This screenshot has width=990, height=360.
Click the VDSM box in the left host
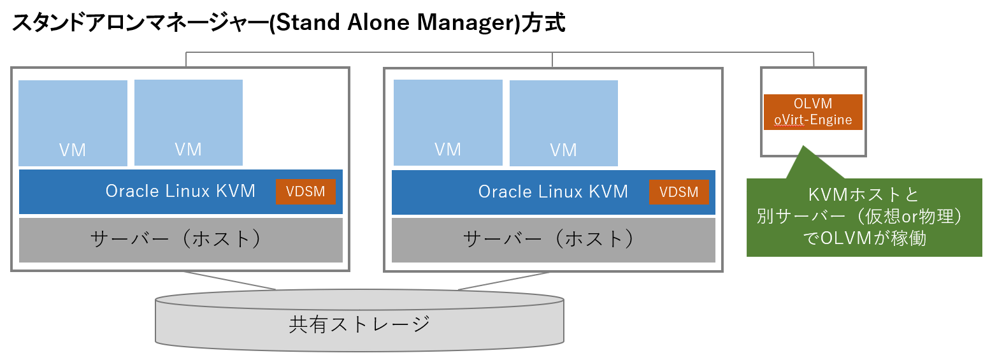(305, 192)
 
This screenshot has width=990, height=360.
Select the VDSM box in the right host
(678, 192)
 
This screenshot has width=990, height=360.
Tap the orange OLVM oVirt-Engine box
(813, 112)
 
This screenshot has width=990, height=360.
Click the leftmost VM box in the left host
(73, 123)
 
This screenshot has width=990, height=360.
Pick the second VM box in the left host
(188, 122)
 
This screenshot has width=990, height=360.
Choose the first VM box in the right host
(447, 123)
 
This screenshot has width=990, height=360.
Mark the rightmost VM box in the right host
(563, 123)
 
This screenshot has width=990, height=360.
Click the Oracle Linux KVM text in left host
(180, 191)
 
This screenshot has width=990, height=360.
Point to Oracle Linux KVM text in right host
(553, 191)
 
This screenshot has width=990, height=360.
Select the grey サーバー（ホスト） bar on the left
(180, 240)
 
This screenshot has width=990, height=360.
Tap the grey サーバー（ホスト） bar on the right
(553, 240)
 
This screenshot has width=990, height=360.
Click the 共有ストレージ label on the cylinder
(359, 324)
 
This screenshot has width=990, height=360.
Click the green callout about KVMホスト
(864, 217)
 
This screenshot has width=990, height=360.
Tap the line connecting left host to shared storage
(229, 281)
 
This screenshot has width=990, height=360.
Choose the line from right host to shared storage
(503, 281)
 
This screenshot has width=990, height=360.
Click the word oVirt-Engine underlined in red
(813, 120)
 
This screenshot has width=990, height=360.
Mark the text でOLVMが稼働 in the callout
(864, 239)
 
